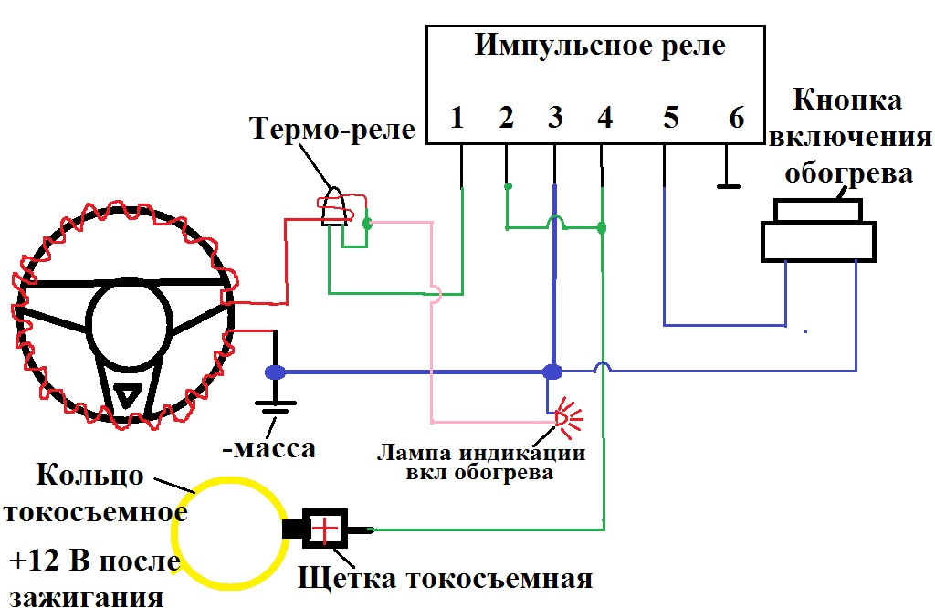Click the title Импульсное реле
(600, 46)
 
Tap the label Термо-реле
(332, 128)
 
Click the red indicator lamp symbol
(566, 417)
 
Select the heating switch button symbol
(818, 230)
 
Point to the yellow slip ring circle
(229, 533)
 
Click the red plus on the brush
(325, 529)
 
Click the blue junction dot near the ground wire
(275, 372)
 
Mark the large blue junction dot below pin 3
(552, 372)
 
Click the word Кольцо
(90, 475)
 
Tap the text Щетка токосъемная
(445, 578)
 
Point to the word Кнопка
(847, 100)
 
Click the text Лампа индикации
(481, 453)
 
